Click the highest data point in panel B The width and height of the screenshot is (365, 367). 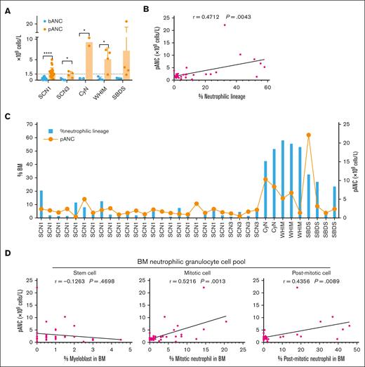coord(244,25)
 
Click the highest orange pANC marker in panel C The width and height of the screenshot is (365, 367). coord(308,135)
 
